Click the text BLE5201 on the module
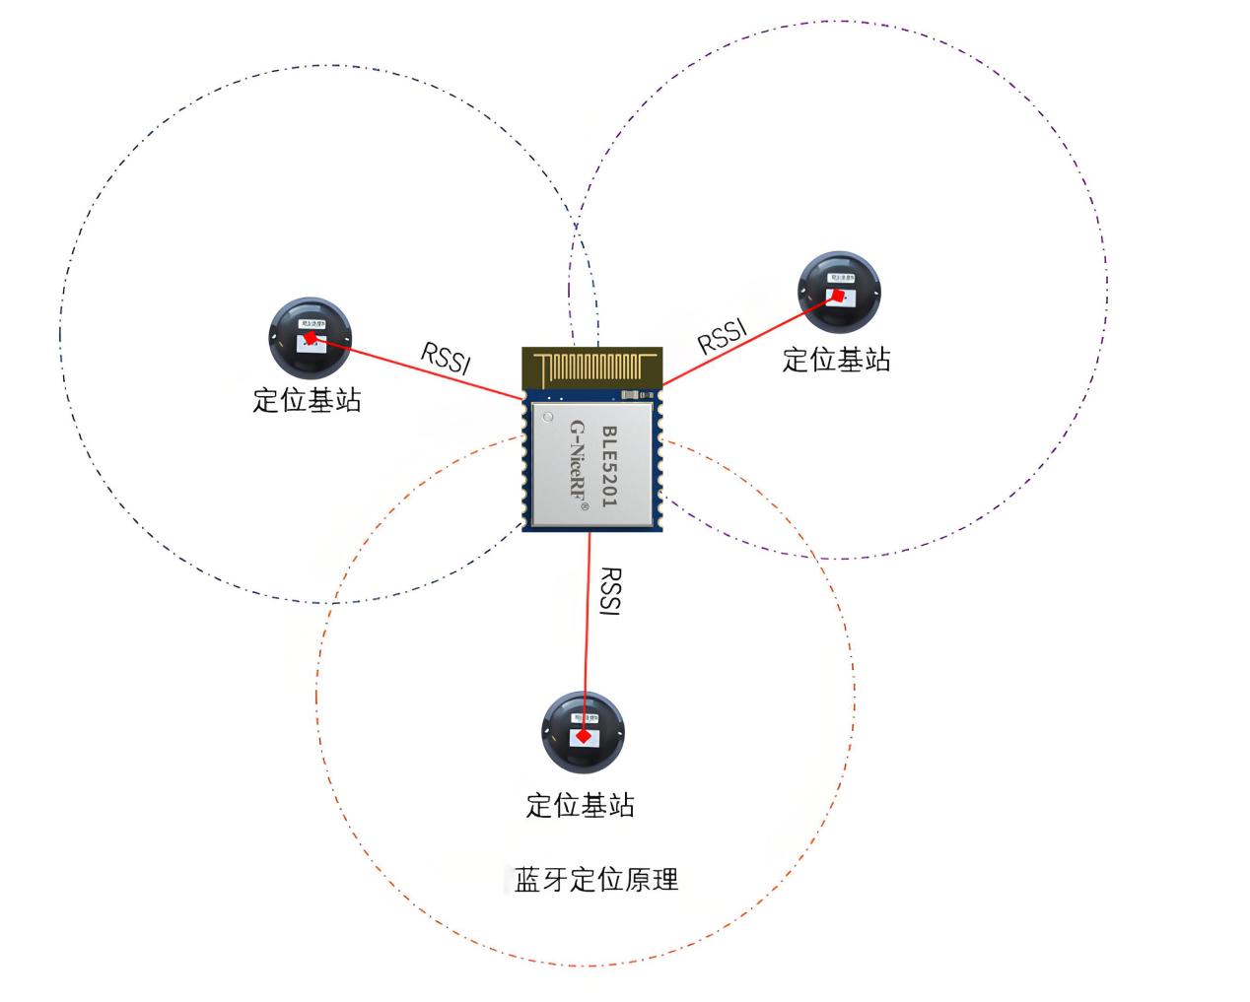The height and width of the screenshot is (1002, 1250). [x=609, y=466]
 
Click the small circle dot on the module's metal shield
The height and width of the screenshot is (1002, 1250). [x=548, y=418]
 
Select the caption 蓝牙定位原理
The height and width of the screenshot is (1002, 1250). [x=596, y=879]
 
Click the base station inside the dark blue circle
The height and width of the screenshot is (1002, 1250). [x=310, y=337]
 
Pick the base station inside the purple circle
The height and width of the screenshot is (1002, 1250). [x=838, y=293]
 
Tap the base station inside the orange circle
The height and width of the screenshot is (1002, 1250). [x=584, y=732]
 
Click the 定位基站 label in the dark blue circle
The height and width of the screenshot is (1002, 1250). [x=308, y=399]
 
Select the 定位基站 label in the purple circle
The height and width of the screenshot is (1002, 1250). [x=836, y=360]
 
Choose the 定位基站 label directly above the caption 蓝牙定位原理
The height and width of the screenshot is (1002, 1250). [x=580, y=805]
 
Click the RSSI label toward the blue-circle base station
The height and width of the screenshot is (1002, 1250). [x=446, y=358]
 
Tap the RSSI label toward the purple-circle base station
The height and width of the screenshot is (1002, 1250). [x=723, y=335]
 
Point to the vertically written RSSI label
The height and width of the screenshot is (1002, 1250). [x=610, y=591]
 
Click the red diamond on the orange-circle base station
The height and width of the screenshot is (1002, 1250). [x=584, y=736]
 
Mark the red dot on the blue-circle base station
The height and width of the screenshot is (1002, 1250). [x=311, y=338]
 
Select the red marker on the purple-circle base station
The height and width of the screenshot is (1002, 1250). [x=837, y=294]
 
